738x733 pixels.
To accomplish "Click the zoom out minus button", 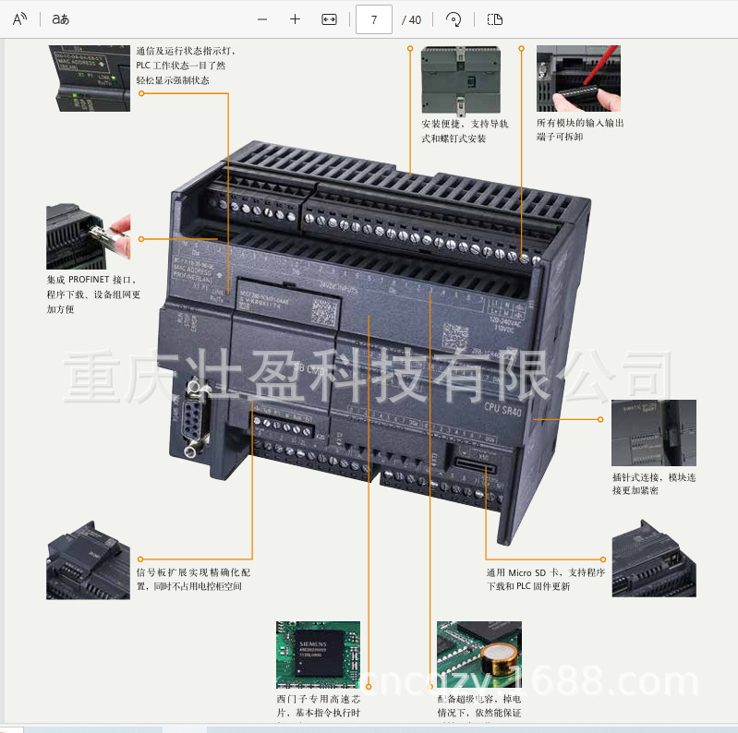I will coord(262,19).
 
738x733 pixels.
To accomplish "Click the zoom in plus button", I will coord(295,19).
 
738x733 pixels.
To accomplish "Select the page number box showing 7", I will coord(373,19).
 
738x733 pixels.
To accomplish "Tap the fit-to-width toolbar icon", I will coord(329,19).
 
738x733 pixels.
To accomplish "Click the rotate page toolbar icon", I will coord(453,19).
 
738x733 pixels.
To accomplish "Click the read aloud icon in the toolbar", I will coord(19,19).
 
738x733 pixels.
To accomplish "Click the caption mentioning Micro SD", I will coord(545,579).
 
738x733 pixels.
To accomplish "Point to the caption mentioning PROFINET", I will coord(93,294).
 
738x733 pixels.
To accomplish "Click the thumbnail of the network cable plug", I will coord(88,237).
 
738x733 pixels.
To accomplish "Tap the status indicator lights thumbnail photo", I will coord(89,78).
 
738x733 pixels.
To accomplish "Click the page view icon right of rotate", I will coord(495,19).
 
